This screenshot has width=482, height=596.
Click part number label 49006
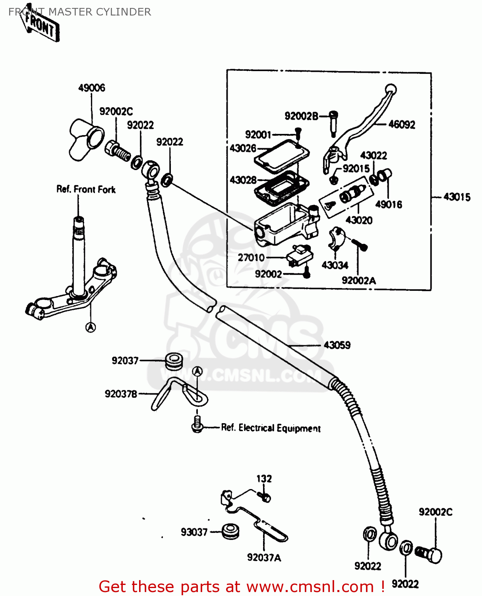[92, 88]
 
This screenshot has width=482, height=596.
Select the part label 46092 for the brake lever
[401, 125]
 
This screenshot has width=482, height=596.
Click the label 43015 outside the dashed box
[457, 197]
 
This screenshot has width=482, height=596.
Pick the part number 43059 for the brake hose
[337, 345]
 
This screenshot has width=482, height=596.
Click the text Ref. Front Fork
[86, 190]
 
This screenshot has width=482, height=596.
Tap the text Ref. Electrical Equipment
[271, 428]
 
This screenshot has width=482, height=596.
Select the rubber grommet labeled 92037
[174, 360]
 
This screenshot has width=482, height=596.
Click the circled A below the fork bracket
[91, 327]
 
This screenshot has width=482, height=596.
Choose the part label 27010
[251, 257]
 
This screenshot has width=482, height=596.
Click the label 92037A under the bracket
[264, 557]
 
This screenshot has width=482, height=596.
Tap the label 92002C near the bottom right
[435, 512]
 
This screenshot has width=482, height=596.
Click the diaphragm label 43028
[243, 180]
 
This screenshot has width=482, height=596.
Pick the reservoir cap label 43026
[243, 148]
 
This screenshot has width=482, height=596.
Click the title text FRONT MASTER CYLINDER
[80, 12]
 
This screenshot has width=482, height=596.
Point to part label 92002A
[358, 281]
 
